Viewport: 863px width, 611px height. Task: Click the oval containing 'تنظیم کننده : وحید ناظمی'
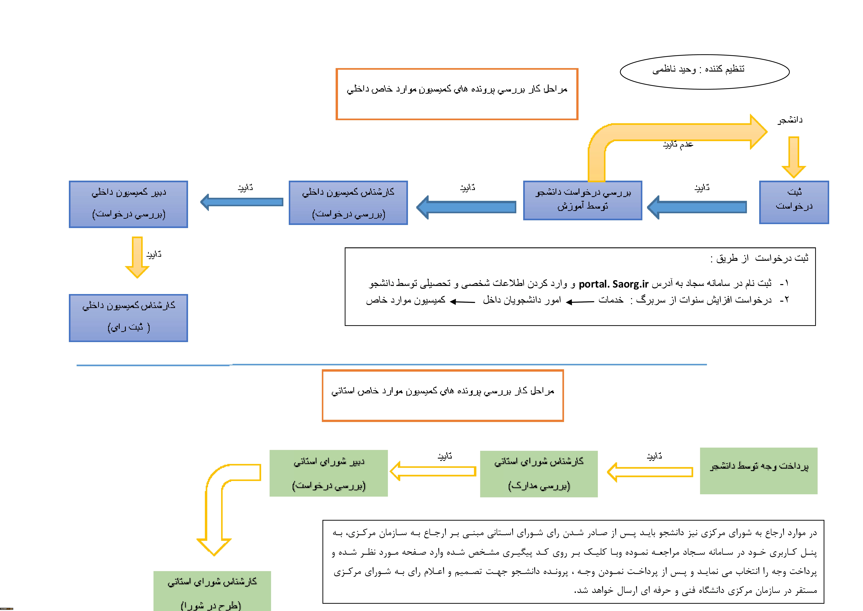[704, 72]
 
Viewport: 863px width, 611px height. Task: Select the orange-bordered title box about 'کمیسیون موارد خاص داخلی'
[457, 94]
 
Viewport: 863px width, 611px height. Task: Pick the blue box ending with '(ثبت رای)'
[129, 318]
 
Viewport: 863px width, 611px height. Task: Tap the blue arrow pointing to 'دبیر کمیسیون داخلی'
[242, 202]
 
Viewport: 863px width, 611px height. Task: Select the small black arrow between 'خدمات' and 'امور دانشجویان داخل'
[580, 302]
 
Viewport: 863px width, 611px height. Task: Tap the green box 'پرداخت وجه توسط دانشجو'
[758, 471]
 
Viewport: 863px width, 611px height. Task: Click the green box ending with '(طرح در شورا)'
[212, 591]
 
